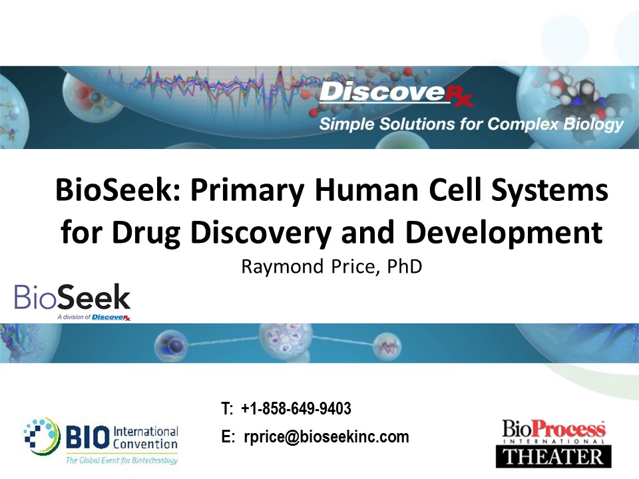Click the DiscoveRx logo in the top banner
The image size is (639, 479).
pos(396,93)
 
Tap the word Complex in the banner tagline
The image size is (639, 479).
pos(523,124)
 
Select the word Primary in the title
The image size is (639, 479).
pos(248,191)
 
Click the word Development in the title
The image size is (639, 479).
pos(504,233)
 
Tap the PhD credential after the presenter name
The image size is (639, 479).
pos(404,266)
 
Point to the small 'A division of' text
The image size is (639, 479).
pos(73,317)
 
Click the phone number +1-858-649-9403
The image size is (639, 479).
pos(296,408)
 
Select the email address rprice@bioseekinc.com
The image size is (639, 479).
pos(326,436)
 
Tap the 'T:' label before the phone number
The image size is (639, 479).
pos(227,408)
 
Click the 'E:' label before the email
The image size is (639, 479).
pos(228,436)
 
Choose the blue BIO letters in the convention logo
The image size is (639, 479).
pos(88,437)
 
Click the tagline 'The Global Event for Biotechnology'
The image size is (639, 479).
pos(122,460)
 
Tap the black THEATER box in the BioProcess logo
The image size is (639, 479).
pos(553,456)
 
